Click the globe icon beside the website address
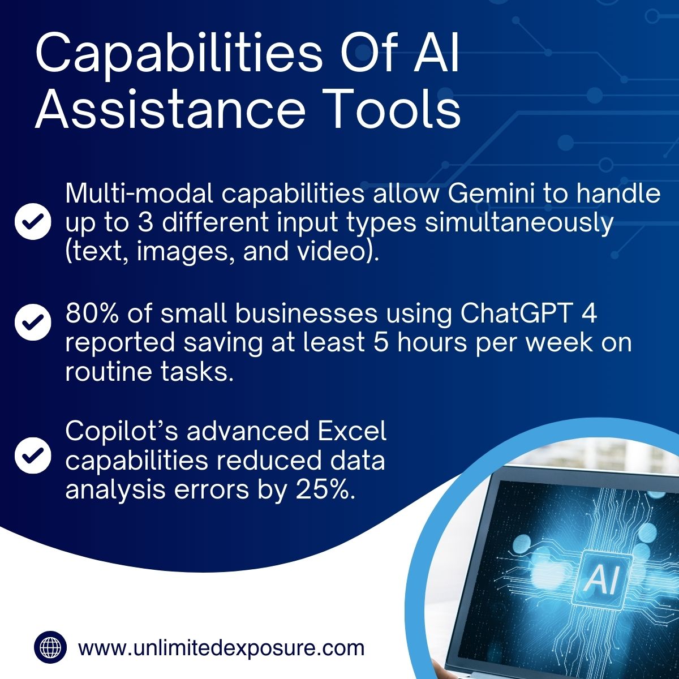(50, 647)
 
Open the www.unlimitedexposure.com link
(221, 647)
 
